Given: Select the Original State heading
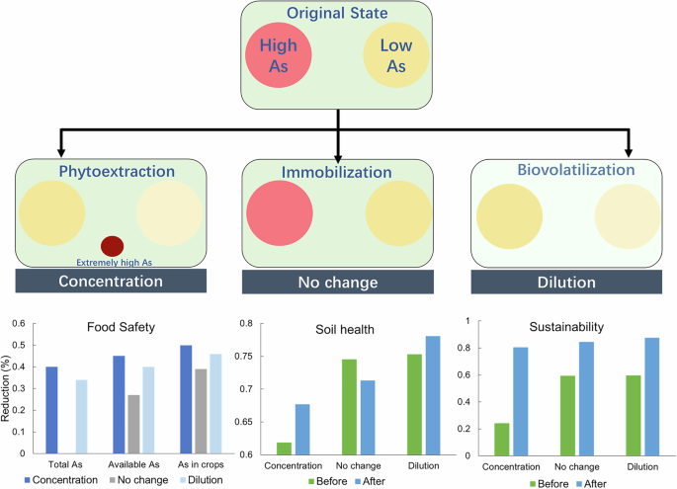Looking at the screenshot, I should click(338, 14).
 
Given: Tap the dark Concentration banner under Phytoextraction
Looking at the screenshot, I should click(109, 282).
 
